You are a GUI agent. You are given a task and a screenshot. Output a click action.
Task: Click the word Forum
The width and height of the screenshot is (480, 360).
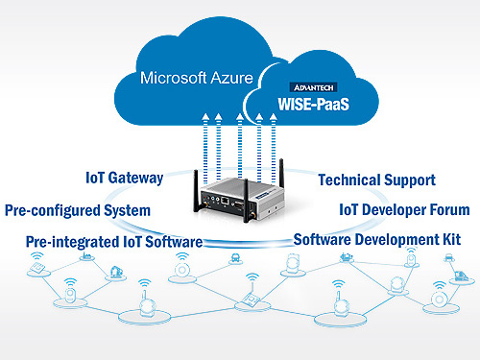(447, 209)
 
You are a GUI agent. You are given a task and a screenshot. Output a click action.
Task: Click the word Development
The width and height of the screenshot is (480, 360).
(397, 239)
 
